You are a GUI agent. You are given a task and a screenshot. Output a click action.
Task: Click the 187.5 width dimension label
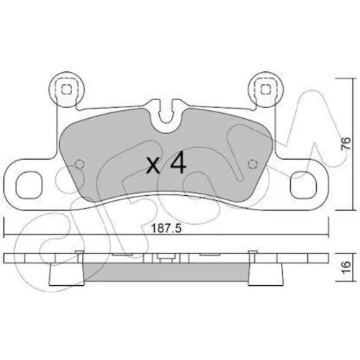click(166, 228)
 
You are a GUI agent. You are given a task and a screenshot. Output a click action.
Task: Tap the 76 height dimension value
click(346, 143)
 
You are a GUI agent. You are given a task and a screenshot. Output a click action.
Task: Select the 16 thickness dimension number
click(346, 268)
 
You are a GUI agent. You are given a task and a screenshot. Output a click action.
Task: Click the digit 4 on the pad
click(178, 162)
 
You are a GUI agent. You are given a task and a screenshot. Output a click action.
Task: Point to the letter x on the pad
click(153, 166)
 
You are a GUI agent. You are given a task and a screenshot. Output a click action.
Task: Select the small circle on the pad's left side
click(80, 164)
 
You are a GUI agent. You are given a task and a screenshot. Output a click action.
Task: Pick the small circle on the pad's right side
click(252, 164)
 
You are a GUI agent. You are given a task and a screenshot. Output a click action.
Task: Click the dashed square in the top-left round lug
click(66, 90)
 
